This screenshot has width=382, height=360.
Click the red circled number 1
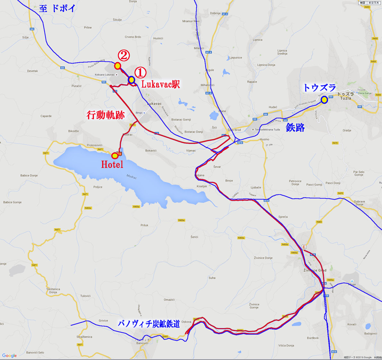(140, 72)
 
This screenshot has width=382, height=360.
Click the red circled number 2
(123, 55)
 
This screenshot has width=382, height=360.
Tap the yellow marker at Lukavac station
(131, 80)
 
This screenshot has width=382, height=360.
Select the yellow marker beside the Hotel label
(115, 156)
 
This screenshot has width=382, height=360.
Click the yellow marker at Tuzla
(325, 100)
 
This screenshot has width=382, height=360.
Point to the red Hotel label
(112, 165)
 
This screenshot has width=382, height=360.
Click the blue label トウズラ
(319, 88)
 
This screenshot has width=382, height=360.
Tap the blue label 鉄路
(295, 127)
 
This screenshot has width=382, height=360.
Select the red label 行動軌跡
(106, 115)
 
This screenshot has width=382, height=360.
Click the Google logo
(9, 355)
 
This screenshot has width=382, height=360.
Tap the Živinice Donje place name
(263, 258)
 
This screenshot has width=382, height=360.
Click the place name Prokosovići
(95, 145)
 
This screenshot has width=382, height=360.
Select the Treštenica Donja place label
(53, 290)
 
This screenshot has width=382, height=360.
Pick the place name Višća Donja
(286, 345)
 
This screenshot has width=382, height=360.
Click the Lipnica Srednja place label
(282, 52)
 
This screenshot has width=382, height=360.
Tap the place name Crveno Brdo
(133, 37)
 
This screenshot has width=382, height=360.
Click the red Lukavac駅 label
(160, 84)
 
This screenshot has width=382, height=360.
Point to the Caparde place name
(46, 116)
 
